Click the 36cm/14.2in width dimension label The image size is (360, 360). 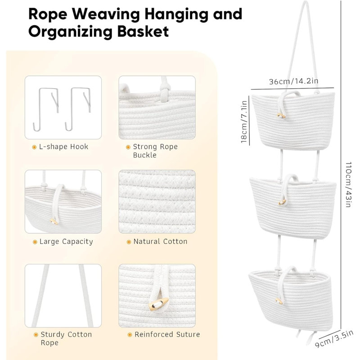coord(294,81)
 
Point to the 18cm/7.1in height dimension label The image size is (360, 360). coord(244,121)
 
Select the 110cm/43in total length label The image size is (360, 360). coord(348,184)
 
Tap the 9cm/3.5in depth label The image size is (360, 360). coord(334,339)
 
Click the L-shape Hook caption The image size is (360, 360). coord(63,147)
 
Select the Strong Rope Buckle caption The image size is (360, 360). coord(155,151)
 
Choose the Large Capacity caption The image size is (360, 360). coord(66,242)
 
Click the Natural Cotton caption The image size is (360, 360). coord(160,242)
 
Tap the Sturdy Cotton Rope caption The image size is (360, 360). coord(66,338)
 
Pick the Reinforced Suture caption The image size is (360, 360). coord(167,334)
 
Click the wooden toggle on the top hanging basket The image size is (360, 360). coord(281,116)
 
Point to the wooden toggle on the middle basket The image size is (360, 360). coord(282,202)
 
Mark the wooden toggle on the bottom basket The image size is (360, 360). coord(279,301)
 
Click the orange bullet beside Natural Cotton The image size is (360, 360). coord(129,242)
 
